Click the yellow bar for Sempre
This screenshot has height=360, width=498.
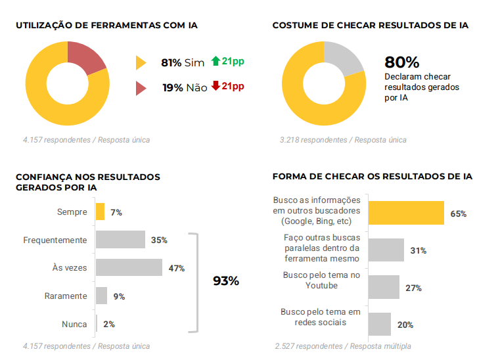(100, 212)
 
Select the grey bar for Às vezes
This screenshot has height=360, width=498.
(129, 267)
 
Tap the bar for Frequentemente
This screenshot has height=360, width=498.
(120, 240)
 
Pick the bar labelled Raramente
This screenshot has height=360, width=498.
(101, 296)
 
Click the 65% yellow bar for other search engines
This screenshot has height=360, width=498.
(406, 214)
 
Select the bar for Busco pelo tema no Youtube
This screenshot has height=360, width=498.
(384, 287)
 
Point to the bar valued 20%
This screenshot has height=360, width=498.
(379, 324)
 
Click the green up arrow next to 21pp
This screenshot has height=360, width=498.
(215, 62)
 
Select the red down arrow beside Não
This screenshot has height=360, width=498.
(215, 86)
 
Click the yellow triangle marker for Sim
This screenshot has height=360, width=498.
(141, 63)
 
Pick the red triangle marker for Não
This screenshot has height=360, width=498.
(141, 88)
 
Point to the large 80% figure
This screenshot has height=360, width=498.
(402, 62)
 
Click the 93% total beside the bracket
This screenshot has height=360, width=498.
(226, 281)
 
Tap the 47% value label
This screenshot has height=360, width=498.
(176, 268)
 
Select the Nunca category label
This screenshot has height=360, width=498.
(74, 324)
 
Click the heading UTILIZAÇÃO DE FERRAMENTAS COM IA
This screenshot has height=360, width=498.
(106, 26)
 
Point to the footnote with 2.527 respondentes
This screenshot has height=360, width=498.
(343, 346)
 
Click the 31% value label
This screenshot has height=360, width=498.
(418, 250)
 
